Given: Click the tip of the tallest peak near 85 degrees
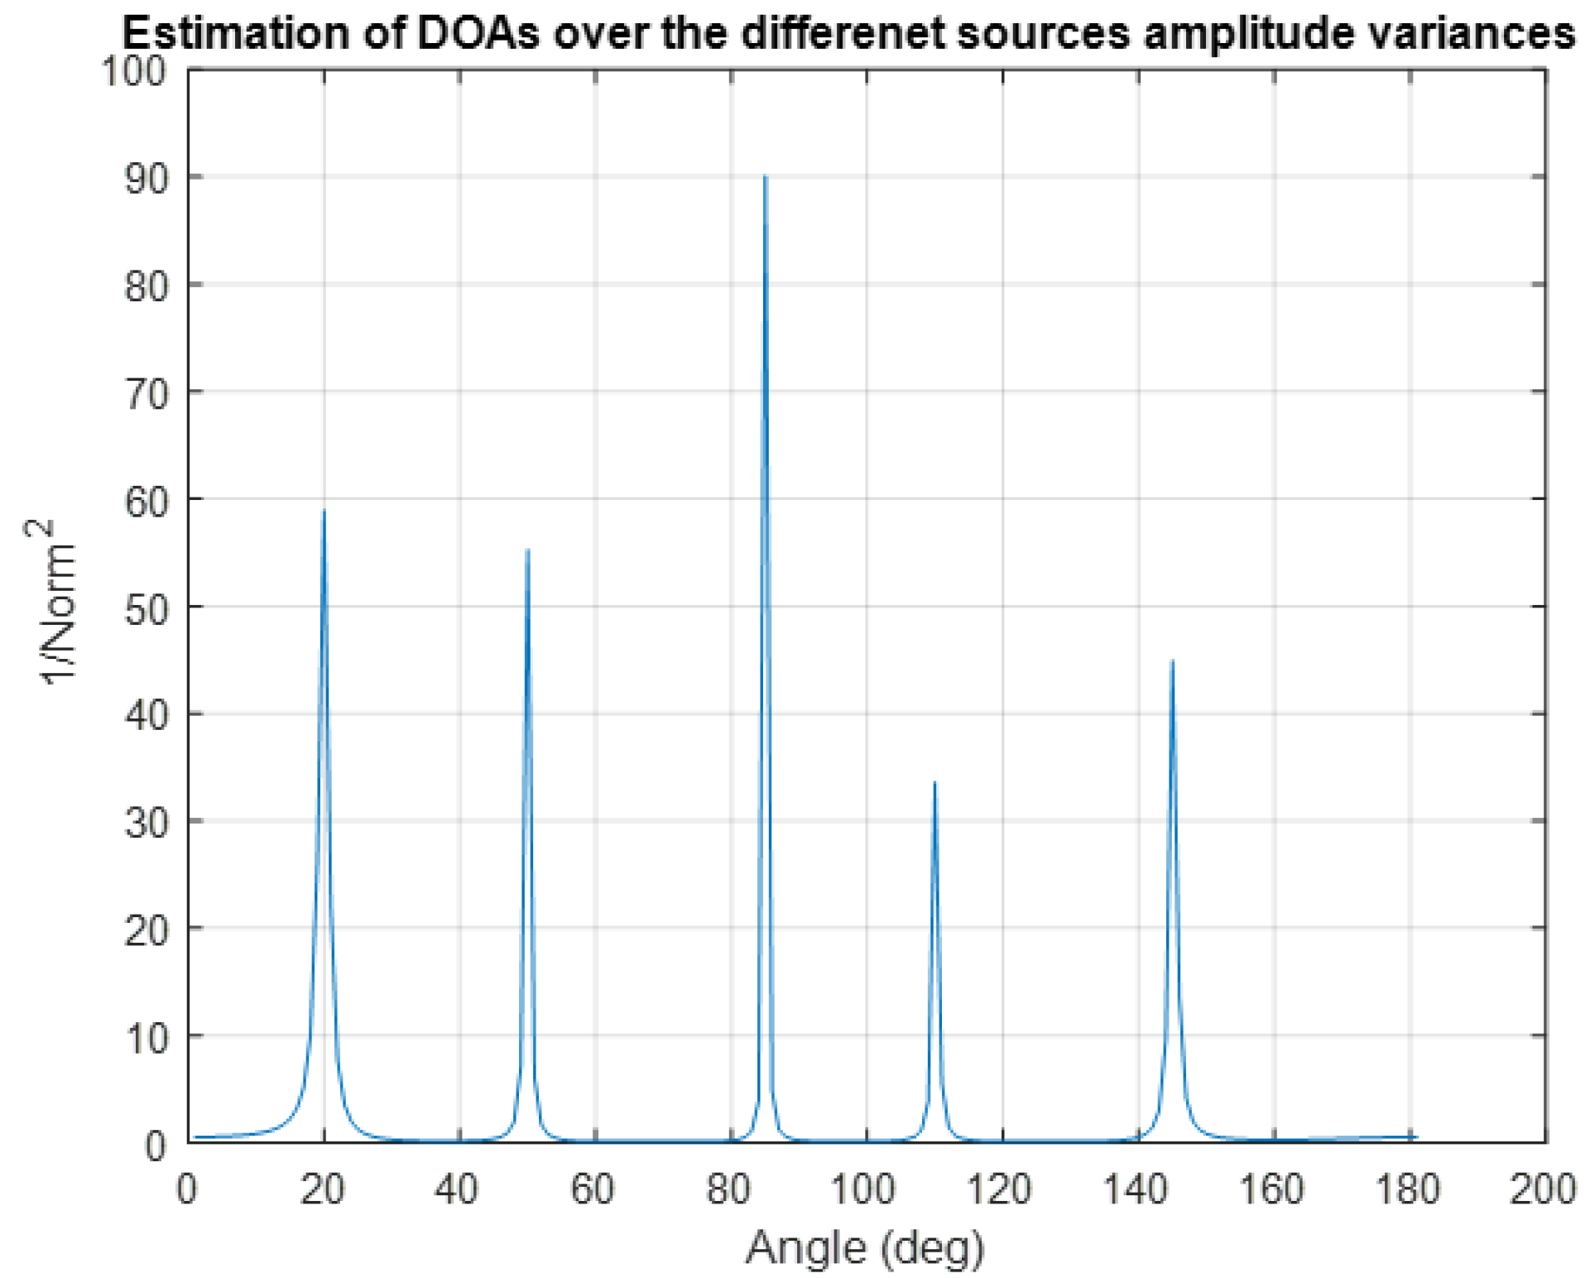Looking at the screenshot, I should (765, 176).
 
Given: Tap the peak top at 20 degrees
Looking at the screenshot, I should (324, 511).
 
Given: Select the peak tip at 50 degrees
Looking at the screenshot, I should (527, 550).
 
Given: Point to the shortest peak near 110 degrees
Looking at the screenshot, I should (934, 782).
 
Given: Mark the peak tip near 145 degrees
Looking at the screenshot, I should (1172, 661).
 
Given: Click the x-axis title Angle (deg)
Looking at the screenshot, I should (865, 1248).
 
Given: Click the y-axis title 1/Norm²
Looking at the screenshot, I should (58, 602).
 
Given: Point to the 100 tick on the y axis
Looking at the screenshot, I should (132, 70).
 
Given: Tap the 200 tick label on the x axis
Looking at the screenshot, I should (1542, 1190).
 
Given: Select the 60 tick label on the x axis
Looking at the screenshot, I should (593, 1190).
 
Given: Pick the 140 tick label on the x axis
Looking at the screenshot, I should (1136, 1190).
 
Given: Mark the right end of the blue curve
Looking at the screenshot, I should (1416, 1137).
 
